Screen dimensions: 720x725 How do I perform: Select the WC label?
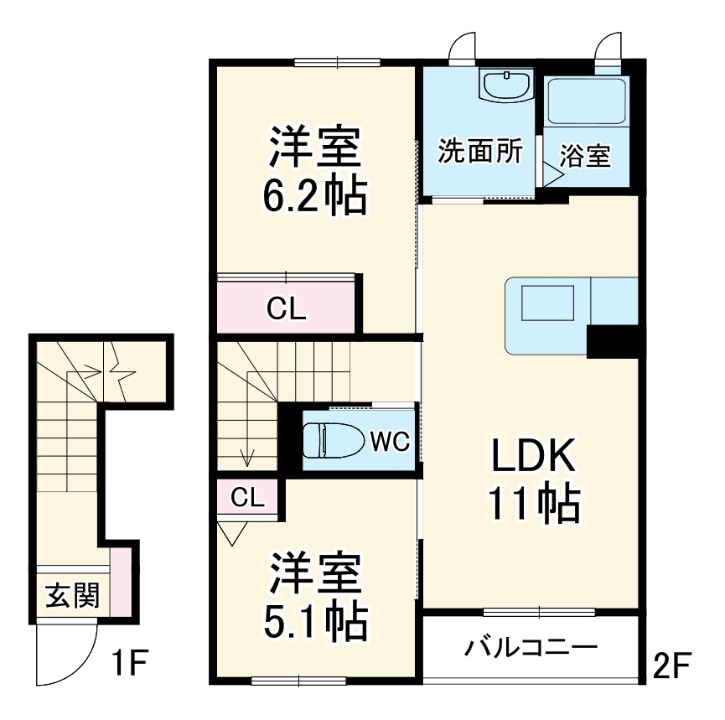tap(391, 441)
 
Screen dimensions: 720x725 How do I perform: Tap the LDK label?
tap(532, 458)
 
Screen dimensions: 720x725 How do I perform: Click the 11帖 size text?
tap(533, 503)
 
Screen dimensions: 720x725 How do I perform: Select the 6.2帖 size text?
tap(314, 195)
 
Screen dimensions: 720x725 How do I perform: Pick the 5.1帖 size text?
tap(314, 619)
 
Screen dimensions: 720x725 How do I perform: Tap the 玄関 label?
tap(71, 596)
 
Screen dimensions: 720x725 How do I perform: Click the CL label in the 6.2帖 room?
tap(287, 309)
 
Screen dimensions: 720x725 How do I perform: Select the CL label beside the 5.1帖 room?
tap(248, 498)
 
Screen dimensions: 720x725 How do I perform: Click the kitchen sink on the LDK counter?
tap(549, 303)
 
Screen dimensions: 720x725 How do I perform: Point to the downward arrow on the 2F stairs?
tap(247, 456)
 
